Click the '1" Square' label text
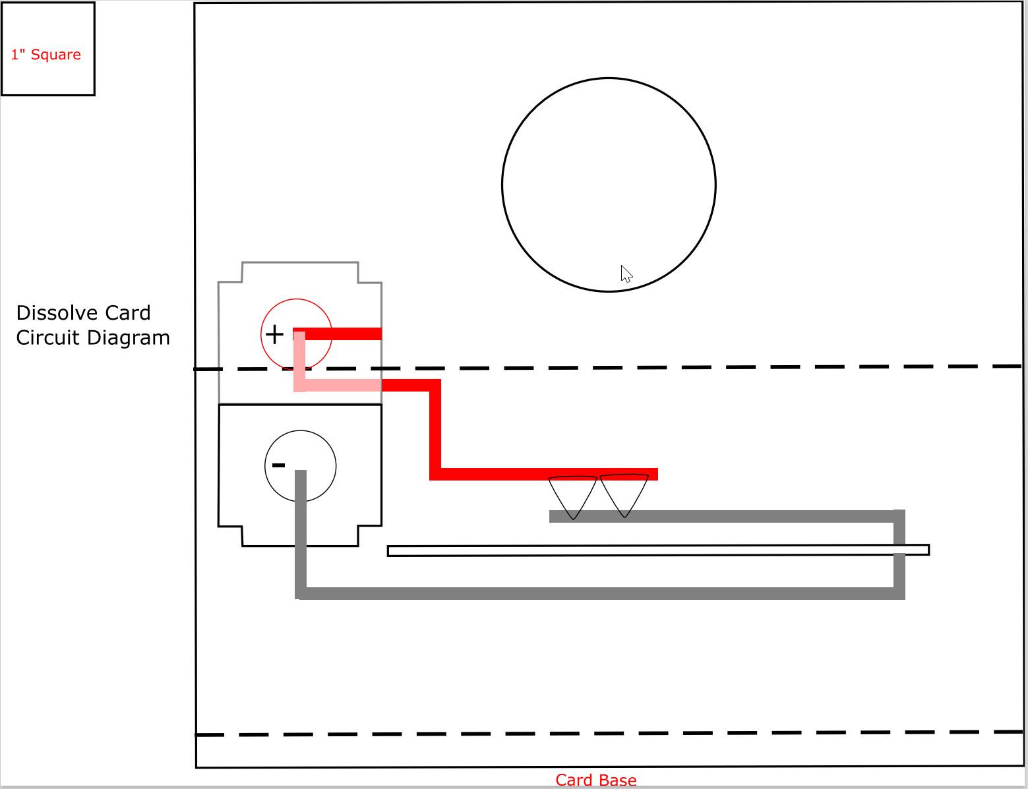[x=46, y=55]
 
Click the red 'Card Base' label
[x=595, y=780]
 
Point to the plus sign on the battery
[x=274, y=335]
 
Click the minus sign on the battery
[x=278, y=465]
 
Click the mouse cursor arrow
[x=626, y=274]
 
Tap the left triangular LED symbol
[x=572, y=495]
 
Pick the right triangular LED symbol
[x=624, y=493]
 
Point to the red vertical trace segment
[x=435, y=428]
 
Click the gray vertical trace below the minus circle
[x=301, y=527]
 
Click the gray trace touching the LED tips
[x=725, y=516]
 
